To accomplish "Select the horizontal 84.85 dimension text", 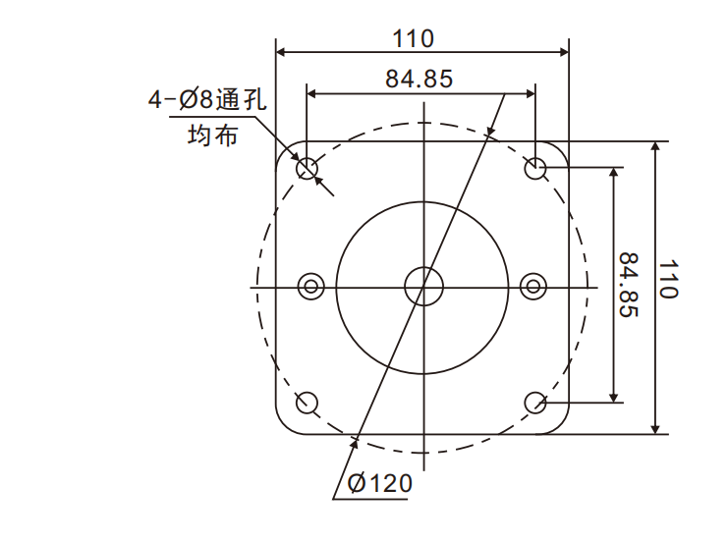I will click(420, 80).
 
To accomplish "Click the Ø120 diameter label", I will click(379, 483).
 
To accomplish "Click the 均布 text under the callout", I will click(211, 135).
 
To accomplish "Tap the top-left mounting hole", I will click(308, 169).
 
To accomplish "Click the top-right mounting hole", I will click(535, 169).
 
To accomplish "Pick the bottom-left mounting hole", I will click(308, 402).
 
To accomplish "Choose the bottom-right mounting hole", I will click(535, 402).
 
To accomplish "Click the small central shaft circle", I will click(422, 286).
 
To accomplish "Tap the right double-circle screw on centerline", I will click(533, 286).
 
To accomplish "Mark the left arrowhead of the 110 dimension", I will click(281, 52).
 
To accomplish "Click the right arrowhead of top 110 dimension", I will click(563, 52).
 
